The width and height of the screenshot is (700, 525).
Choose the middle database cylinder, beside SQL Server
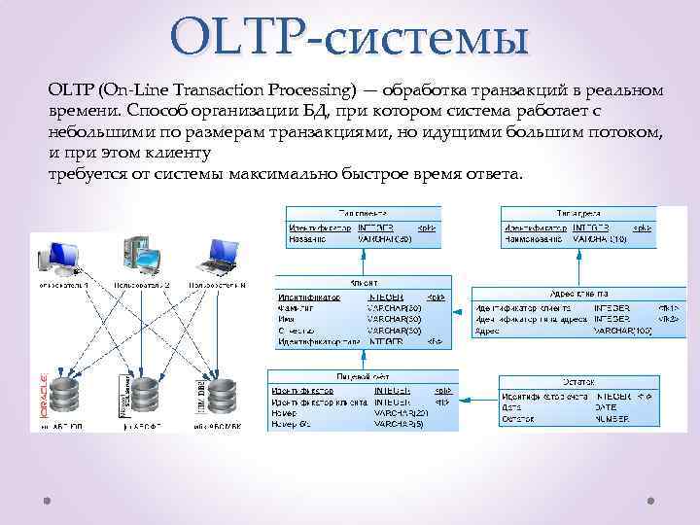coord(142,397)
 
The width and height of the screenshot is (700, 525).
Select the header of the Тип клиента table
coord(362,213)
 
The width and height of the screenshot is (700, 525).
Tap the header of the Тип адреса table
coord(577,213)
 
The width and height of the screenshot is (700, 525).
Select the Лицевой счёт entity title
coord(362,374)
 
